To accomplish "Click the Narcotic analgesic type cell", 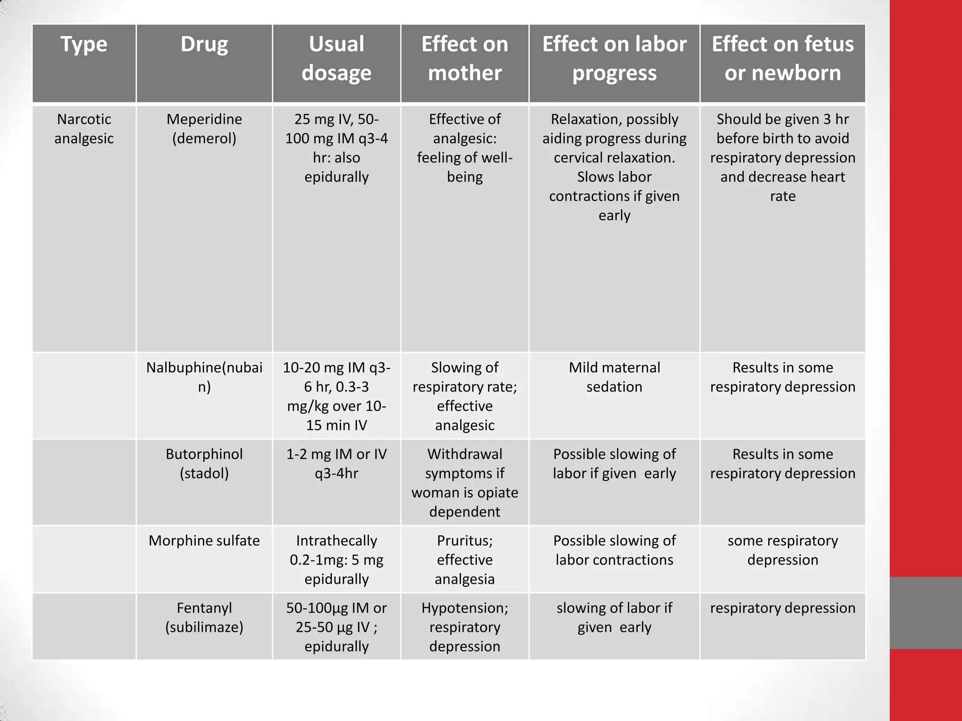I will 84,129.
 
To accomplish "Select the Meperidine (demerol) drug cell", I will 204,129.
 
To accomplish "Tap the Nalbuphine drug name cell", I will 204,377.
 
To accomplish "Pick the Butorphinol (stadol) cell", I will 204,464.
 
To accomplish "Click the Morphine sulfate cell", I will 204,541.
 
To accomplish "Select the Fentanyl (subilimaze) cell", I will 204,618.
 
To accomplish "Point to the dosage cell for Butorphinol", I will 336,464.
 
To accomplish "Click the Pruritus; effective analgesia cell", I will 465,560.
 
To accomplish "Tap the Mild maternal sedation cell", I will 614,377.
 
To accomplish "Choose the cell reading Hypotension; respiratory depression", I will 465,627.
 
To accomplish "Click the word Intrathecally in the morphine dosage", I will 336,541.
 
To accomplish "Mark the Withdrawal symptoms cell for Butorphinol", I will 465,483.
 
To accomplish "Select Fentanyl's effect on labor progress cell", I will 614,618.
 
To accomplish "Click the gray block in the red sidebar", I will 926,613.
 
